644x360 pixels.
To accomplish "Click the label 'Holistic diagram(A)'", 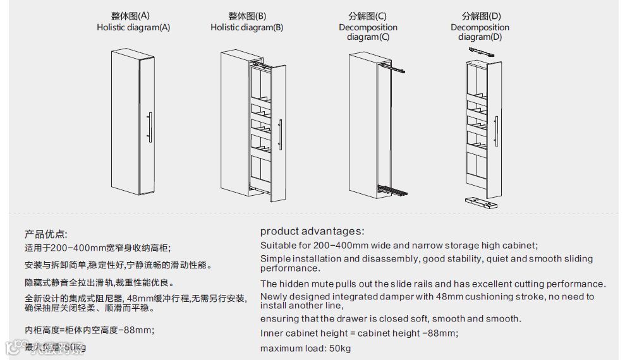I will [133, 27].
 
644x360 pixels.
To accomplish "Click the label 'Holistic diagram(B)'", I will [246, 27].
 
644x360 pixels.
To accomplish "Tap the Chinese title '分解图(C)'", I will [367, 16].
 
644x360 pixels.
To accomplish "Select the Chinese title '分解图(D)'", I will [481, 16].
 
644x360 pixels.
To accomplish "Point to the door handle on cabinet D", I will [497, 132].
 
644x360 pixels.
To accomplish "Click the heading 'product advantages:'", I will [312, 232].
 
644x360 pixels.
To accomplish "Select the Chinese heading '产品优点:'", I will [46, 234].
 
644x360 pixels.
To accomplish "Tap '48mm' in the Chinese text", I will [138, 298].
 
